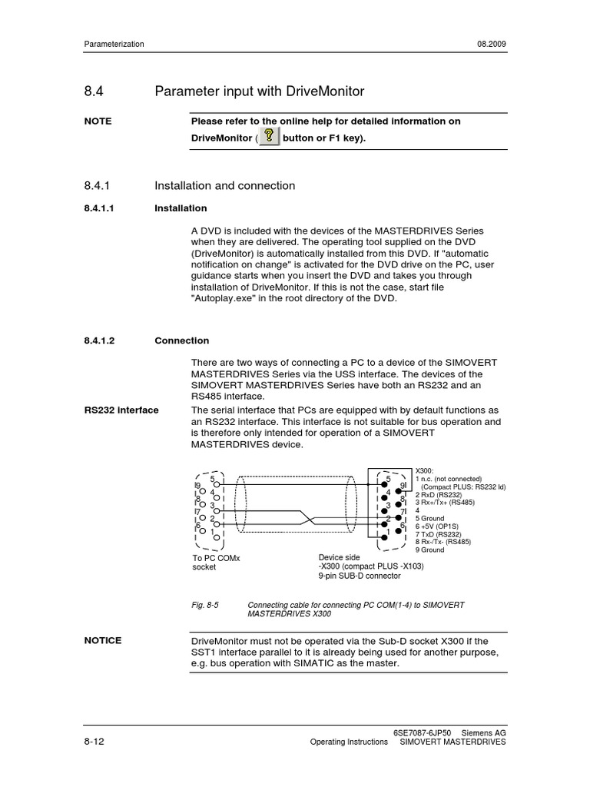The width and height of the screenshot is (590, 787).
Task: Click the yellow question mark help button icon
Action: (x=269, y=137)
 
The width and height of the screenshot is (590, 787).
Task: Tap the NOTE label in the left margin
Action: (x=98, y=121)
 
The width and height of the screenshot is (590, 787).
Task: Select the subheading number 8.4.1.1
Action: (x=104, y=208)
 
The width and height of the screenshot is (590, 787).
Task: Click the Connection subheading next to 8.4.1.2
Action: (x=181, y=340)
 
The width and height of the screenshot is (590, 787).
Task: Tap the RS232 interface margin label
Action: (x=121, y=410)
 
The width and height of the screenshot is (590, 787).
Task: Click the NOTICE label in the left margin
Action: (x=103, y=641)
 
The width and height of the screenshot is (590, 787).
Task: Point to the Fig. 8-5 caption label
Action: (x=206, y=606)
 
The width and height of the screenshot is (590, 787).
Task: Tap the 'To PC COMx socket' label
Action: (x=216, y=563)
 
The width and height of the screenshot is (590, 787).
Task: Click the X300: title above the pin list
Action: (x=425, y=469)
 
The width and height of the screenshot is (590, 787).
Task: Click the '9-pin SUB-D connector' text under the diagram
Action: (x=360, y=576)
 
